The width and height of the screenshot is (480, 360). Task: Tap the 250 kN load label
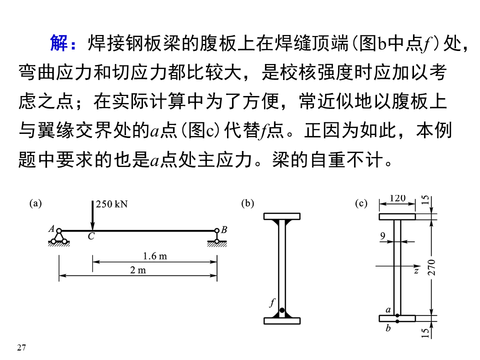tap(111, 204)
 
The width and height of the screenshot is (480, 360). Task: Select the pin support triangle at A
tap(59, 237)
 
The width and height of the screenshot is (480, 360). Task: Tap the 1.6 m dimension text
tap(154, 256)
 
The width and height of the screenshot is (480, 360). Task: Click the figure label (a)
tap(36, 203)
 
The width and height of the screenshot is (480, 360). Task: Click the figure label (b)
tap(247, 203)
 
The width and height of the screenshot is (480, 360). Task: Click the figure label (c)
tap(361, 203)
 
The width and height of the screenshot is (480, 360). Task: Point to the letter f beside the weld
tap(272, 302)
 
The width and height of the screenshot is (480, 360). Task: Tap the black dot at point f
tap(282, 310)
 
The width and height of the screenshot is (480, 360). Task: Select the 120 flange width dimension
tap(397, 198)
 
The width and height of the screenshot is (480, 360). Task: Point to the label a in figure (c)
tap(388, 310)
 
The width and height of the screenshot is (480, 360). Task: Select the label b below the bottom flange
tap(388, 328)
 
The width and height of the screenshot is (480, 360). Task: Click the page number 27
tap(21, 347)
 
